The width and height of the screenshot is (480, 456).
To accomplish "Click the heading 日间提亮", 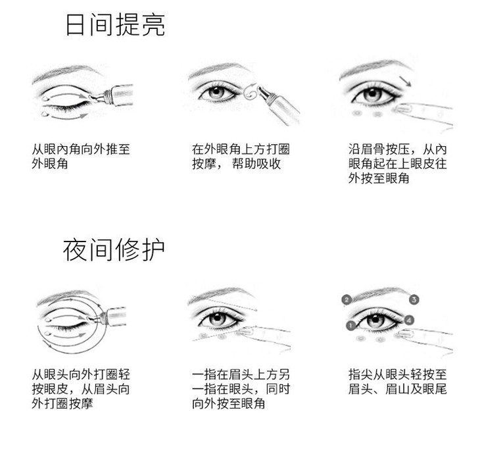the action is click(x=116, y=24).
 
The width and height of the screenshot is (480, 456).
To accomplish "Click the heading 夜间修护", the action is click(x=114, y=250).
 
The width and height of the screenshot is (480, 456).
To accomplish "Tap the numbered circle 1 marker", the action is click(x=351, y=325).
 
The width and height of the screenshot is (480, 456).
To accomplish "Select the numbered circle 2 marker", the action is click(x=347, y=299).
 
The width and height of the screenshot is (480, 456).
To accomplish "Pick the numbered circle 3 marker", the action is click(x=414, y=299).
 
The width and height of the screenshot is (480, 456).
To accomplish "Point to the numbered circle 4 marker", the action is click(x=409, y=320).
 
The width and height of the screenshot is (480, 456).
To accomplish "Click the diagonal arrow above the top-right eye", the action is click(x=405, y=81).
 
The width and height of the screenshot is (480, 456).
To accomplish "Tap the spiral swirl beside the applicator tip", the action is click(x=251, y=91).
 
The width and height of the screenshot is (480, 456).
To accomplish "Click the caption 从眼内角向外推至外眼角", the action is click(x=81, y=157).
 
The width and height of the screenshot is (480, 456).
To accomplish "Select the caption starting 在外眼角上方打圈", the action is click(x=241, y=157).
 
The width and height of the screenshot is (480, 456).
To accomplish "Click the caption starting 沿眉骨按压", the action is click(x=398, y=164).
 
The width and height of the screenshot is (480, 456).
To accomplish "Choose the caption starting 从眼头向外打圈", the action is click(x=81, y=389).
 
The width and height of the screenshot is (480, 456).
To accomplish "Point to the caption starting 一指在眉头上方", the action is click(x=241, y=389).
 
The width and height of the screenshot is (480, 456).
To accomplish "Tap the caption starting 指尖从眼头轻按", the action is click(x=398, y=382).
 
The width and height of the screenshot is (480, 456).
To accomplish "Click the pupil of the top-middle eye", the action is click(x=217, y=91).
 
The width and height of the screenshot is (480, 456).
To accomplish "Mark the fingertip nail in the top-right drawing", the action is click(x=403, y=109).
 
